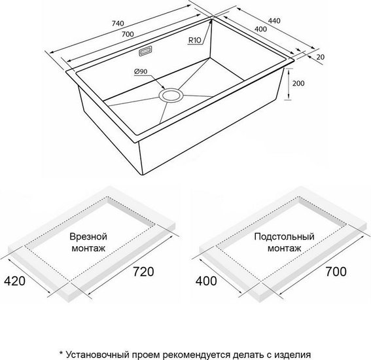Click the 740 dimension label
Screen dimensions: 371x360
[x=118, y=24]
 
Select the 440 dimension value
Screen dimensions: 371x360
[x=274, y=21]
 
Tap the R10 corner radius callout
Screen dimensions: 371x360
[x=195, y=40]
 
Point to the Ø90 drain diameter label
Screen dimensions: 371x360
[x=141, y=71]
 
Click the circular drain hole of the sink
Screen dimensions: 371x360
[x=171, y=95]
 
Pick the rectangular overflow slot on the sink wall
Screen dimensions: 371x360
[x=145, y=51]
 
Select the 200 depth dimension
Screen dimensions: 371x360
[x=298, y=83]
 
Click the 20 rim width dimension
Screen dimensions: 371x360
[x=321, y=57]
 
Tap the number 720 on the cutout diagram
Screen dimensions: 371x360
[x=143, y=272]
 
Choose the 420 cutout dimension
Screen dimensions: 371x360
[x=14, y=281]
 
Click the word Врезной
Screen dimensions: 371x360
[x=88, y=236]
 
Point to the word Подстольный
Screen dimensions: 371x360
[x=285, y=236]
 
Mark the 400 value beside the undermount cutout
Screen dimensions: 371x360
[x=206, y=281]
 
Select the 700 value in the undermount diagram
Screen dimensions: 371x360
[x=336, y=272]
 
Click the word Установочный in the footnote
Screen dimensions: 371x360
[x=97, y=355]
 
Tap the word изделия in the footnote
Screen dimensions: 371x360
[x=292, y=355]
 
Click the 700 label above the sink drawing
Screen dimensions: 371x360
[x=128, y=34]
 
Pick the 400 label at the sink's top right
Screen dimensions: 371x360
[x=260, y=29]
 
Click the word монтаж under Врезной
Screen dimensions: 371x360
[x=88, y=248]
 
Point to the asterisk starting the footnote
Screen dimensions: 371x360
[x=61, y=353]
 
